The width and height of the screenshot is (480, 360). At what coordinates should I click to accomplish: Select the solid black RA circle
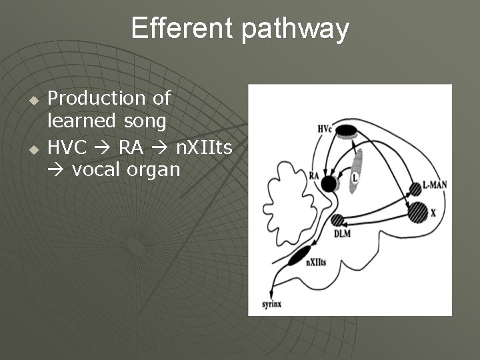(328, 183)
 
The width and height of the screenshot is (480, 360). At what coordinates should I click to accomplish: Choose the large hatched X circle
(417, 212)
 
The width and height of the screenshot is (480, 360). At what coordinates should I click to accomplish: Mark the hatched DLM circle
(338, 221)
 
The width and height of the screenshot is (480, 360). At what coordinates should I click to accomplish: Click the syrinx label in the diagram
(271, 304)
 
